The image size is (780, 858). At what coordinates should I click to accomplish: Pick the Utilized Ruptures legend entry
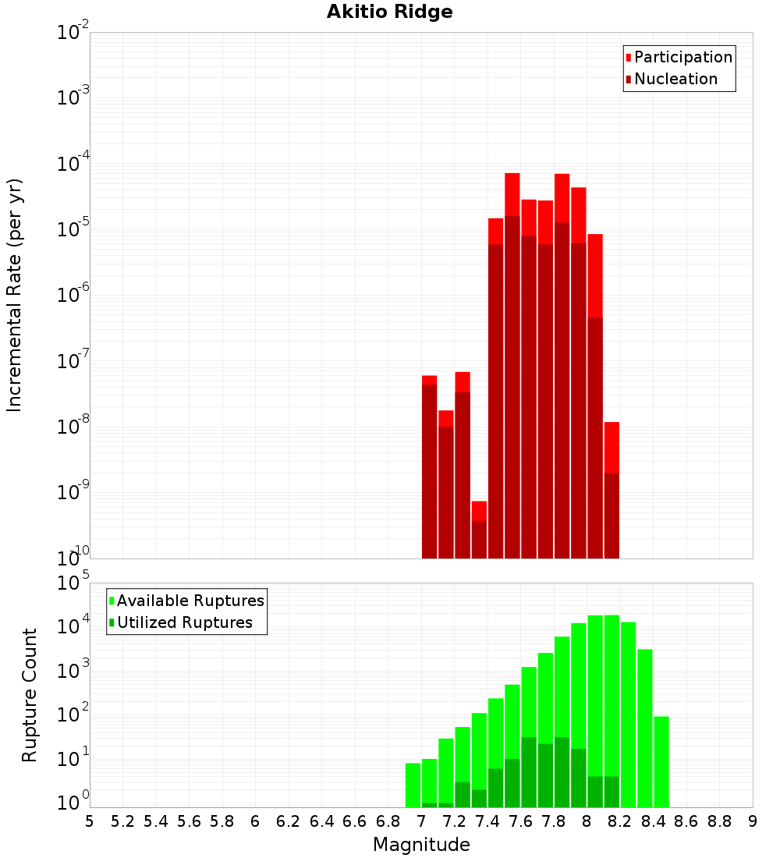coord(184,622)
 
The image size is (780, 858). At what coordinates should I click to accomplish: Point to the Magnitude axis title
coord(421,845)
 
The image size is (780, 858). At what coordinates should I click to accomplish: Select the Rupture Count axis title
coord(30,695)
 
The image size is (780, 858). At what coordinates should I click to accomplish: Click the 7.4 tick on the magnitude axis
coord(487,821)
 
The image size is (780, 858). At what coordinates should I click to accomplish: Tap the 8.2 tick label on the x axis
coord(620,821)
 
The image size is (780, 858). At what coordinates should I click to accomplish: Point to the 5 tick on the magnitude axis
coord(90,821)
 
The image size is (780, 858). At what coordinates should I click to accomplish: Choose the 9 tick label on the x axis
coord(753,821)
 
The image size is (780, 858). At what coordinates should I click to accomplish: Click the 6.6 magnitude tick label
coord(355,821)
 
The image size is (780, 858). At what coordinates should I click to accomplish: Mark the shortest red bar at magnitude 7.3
coord(479,530)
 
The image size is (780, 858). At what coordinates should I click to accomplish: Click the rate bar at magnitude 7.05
coord(429,468)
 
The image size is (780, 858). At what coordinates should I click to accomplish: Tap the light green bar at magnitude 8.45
coord(661,761)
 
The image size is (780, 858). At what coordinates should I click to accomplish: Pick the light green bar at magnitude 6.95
coord(413,785)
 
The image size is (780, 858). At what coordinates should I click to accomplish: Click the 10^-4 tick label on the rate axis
coord(74,164)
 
